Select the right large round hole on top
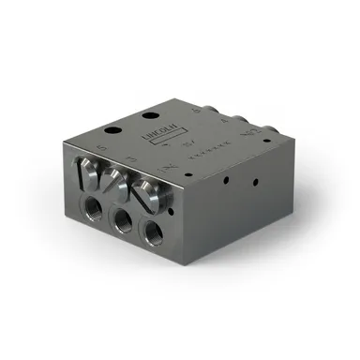click(150, 115)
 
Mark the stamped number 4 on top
click(222, 119)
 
